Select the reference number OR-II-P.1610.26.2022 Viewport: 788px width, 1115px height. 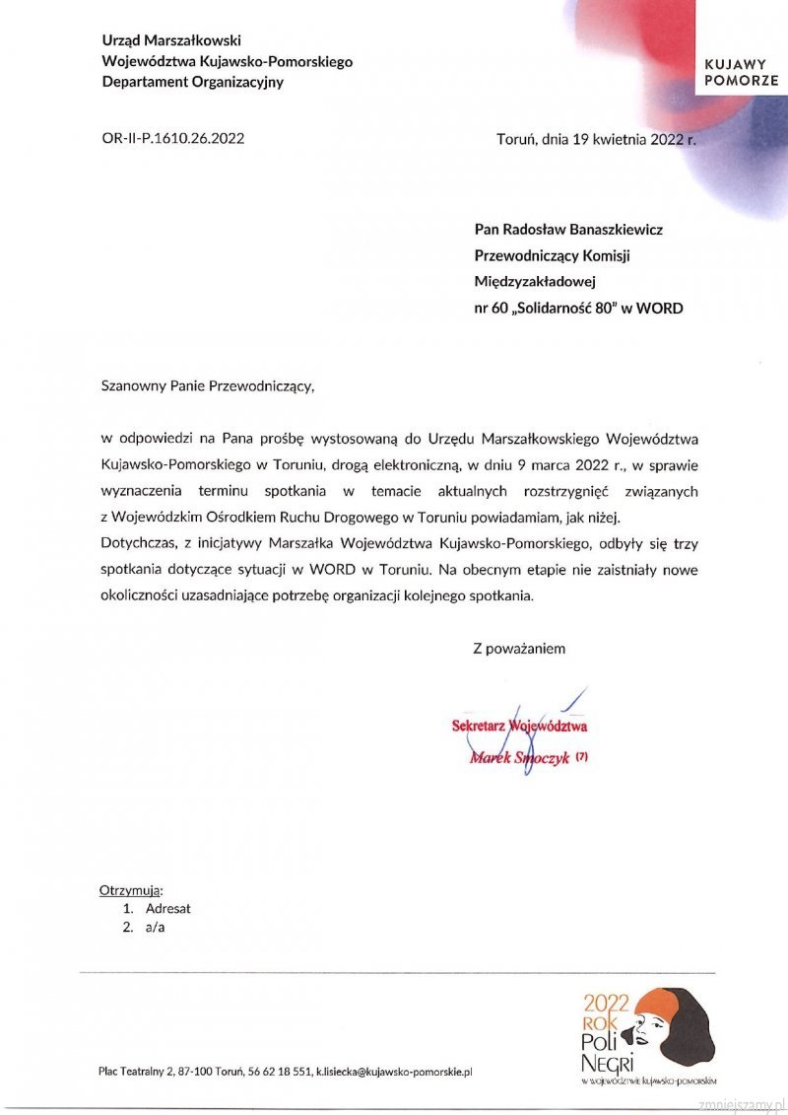coord(173,138)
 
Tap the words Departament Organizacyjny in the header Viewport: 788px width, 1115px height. coord(192,82)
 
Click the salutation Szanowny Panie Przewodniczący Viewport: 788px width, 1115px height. coord(208,385)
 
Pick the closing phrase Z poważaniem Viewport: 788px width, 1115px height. coord(519,648)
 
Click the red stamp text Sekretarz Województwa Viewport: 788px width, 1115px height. coord(519,727)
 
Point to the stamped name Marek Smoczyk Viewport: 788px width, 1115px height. coord(520,758)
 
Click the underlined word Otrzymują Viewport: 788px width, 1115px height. coord(131,890)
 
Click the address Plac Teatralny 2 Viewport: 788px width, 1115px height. coord(135,1071)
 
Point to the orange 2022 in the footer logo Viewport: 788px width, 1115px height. coord(606,1003)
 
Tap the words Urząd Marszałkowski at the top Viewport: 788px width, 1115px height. coord(171,40)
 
